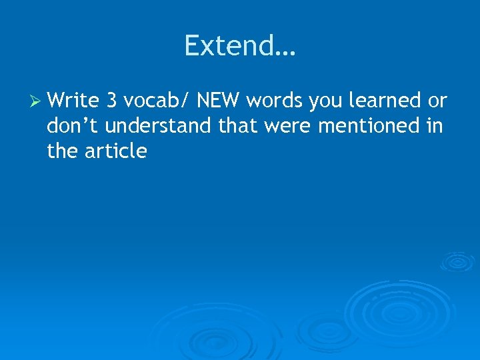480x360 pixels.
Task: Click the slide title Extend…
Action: point(240,46)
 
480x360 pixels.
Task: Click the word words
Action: point(275,101)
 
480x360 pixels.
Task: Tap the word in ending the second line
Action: point(434,126)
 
